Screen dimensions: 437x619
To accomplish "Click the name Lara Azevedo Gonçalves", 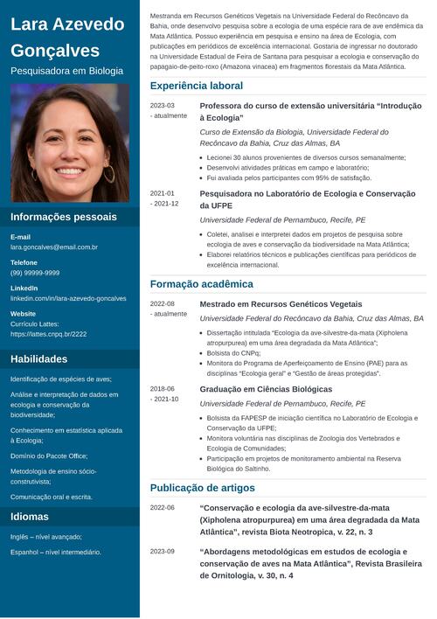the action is [67, 37].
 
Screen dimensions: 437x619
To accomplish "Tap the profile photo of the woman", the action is [70, 143].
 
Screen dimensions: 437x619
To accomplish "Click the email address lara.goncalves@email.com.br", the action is [54, 247].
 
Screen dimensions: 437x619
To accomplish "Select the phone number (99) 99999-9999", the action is [35, 273].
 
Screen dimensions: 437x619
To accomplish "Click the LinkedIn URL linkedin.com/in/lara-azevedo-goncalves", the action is [68, 298].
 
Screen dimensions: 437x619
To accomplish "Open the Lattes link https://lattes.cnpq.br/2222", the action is [48, 334].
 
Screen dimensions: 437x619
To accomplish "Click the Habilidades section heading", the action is [38, 359].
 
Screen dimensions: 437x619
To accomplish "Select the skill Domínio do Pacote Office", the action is [49, 456].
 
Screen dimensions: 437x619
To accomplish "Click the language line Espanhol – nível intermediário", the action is [56, 552].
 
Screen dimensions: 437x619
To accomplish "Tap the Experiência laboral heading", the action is [197, 86].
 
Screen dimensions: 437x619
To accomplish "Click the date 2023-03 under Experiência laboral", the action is [163, 105].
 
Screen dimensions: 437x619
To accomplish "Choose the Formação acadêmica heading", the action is [201, 284].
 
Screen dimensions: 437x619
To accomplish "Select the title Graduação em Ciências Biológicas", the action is [266, 389].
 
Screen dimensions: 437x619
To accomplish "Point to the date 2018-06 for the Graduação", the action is [163, 389].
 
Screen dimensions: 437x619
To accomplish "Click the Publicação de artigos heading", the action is [203, 488].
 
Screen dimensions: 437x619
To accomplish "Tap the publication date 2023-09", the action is [163, 552].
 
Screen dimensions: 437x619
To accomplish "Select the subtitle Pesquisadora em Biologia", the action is [66, 71].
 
